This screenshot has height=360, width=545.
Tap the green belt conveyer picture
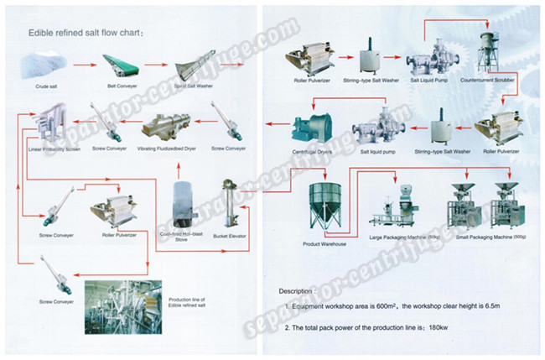tap(117, 64)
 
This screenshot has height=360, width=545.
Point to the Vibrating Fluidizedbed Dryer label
tap(168, 149)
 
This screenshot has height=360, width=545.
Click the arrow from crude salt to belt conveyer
tap(81, 63)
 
